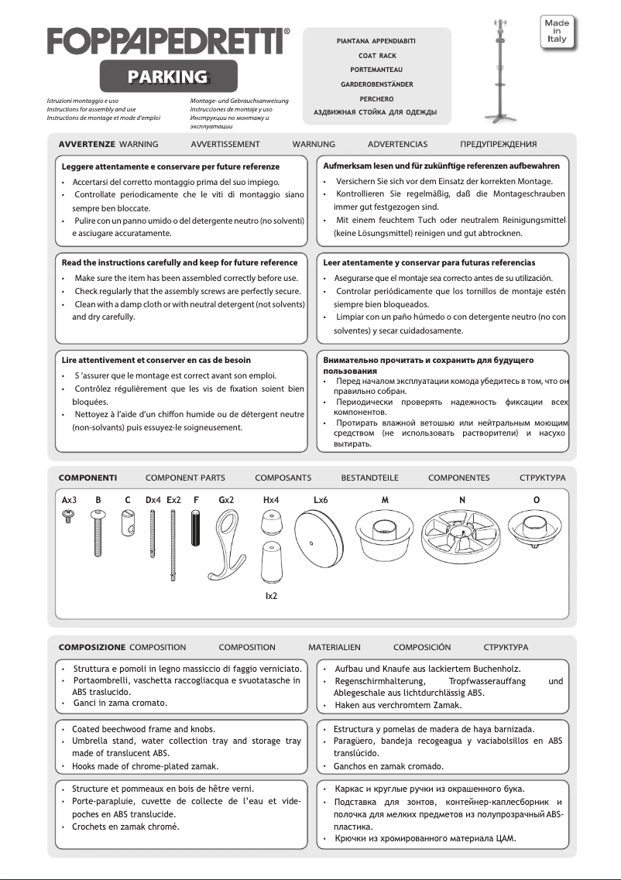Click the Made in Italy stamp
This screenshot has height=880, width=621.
click(558, 29)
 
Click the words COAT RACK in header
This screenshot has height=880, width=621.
click(377, 56)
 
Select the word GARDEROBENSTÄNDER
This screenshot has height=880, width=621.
click(377, 84)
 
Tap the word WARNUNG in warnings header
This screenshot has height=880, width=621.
click(314, 145)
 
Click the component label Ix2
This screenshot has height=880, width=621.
click(271, 596)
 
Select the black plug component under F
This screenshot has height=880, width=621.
click(197, 532)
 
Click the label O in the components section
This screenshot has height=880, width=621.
click(537, 500)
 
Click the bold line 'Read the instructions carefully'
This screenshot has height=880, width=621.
click(180, 263)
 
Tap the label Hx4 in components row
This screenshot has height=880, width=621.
click(271, 500)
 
